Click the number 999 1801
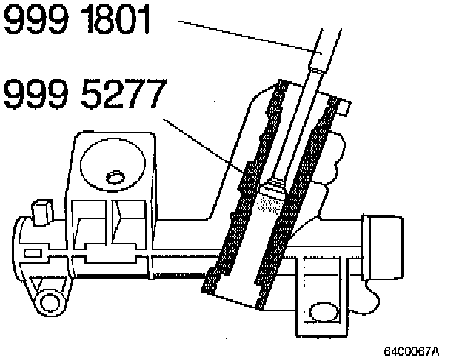pyautogui.click(x=77, y=21)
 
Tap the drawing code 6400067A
pyautogui.click(x=411, y=349)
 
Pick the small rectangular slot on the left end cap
pyautogui.click(x=33, y=253)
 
